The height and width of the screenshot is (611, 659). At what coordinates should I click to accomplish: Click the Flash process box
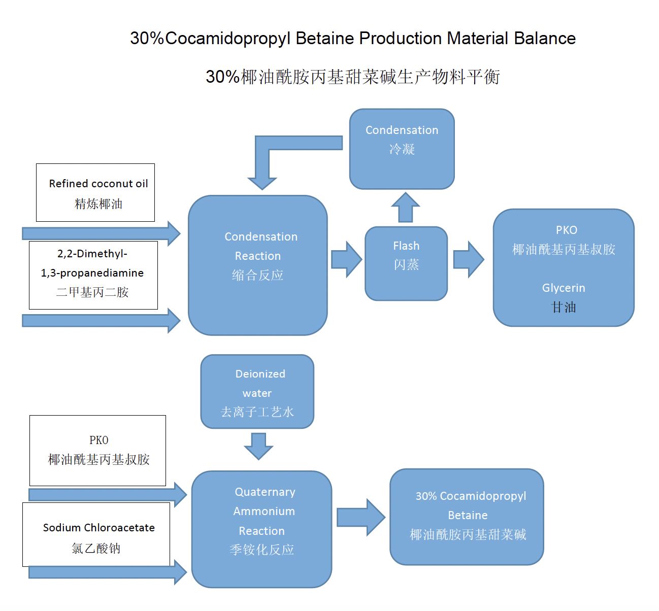pyautogui.click(x=406, y=263)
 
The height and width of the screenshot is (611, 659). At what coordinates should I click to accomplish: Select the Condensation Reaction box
pyautogui.click(x=258, y=265)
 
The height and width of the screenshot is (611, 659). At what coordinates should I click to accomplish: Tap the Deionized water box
pyautogui.click(x=257, y=392)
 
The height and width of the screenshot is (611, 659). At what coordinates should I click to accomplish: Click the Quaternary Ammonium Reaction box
pyautogui.click(x=261, y=529)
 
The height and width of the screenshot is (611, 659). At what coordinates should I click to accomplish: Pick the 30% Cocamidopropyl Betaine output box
pyautogui.click(x=467, y=517)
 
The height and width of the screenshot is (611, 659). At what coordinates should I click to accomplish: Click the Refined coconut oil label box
pyautogui.click(x=95, y=193)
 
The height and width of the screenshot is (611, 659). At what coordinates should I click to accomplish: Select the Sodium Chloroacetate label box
pyautogui.click(x=96, y=534)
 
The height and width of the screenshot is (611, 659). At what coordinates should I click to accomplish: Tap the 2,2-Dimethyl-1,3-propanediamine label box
pyautogui.click(x=93, y=275)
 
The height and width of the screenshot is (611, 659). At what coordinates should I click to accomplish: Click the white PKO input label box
pyautogui.click(x=98, y=451)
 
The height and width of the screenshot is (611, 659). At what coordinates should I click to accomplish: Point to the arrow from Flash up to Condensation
pyautogui.click(x=405, y=208)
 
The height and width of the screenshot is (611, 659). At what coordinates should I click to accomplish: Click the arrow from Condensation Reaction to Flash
pyautogui.click(x=346, y=259)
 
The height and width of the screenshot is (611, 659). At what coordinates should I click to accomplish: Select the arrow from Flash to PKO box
pyautogui.click(x=468, y=259)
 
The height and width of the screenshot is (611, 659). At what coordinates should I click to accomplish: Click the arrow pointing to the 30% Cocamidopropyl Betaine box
pyautogui.click(x=360, y=517)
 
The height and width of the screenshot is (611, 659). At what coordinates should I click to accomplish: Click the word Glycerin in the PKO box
pyautogui.click(x=564, y=288)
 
